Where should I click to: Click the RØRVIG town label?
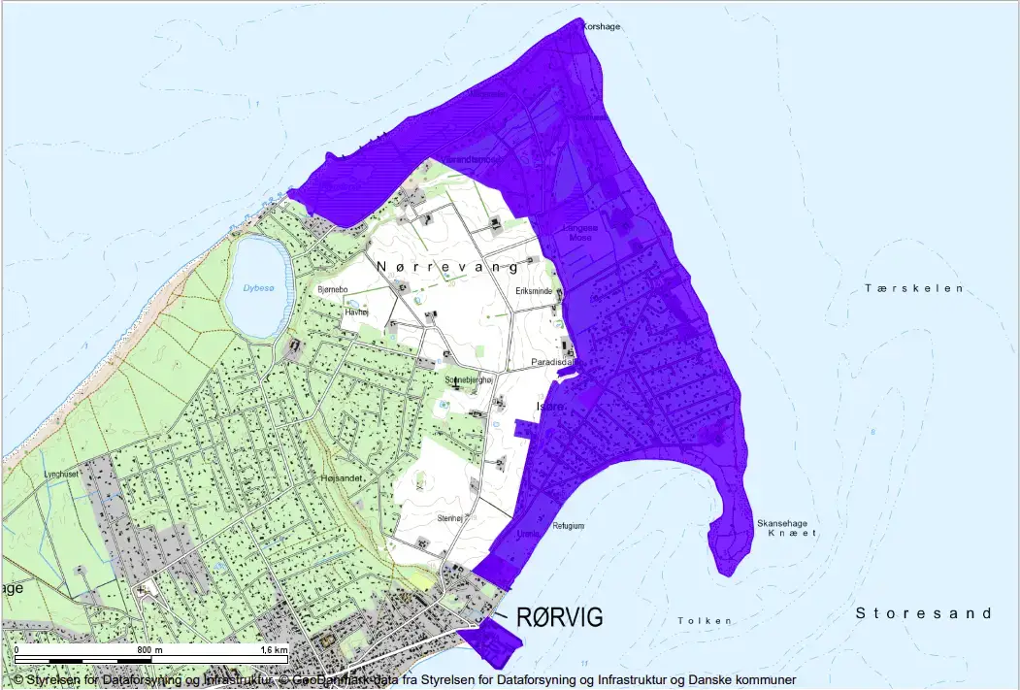(x=559, y=617)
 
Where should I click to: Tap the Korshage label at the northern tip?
(x=601, y=27)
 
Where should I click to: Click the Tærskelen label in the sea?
(x=914, y=288)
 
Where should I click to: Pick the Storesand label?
(x=923, y=613)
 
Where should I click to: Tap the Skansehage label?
(x=781, y=523)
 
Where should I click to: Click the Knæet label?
(x=787, y=534)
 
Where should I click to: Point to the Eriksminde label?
(x=535, y=290)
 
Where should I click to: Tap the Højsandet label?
(x=340, y=478)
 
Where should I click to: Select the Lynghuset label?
(x=60, y=474)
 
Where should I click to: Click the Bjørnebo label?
(x=333, y=289)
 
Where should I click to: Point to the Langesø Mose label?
(x=580, y=232)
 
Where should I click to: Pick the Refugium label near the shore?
(x=568, y=525)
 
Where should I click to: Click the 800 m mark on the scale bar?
(x=148, y=649)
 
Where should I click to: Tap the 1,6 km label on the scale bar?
(x=274, y=649)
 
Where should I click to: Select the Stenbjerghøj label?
(x=470, y=379)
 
